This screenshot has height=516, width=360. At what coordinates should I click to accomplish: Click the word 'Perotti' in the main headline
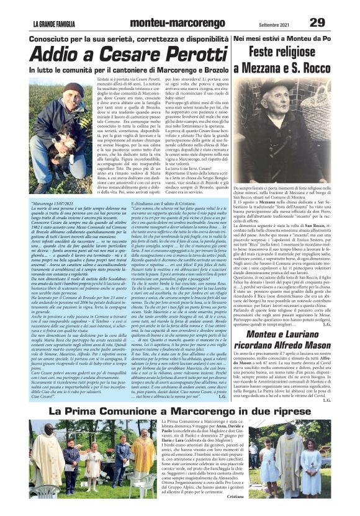pos(175,54)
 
